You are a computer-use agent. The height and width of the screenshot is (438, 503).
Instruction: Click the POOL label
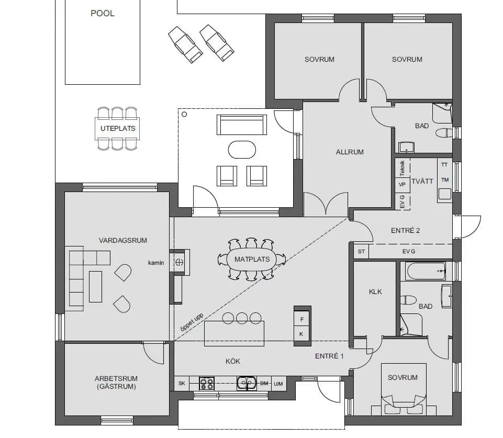pyautogui.click(x=103, y=13)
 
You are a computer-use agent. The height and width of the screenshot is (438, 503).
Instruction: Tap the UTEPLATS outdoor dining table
pyautogui.click(x=118, y=128)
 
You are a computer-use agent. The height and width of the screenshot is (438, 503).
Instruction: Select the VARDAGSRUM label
pyautogui.click(x=123, y=241)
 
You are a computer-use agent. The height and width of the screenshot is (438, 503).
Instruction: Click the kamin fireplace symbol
pyautogui.click(x=179, y=262)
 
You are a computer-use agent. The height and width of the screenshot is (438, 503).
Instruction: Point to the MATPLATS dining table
pyautogui.click(x=252, y=259)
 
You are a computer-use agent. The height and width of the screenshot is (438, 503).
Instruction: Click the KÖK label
pyautogui.click(x=233, y=361)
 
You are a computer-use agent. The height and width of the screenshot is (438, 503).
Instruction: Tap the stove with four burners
pyautogui.click(x=207, y=384)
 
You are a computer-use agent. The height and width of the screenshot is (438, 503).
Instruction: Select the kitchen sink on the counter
pyautogui.click(x=246, y=384)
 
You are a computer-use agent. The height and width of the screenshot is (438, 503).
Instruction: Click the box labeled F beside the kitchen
pyautogui.click(x=301, y=319)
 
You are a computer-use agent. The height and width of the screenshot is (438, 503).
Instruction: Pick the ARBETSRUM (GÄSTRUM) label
pyautogui.click(x=116, y=383)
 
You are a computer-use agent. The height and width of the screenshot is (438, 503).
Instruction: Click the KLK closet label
pyautogui.click(x=375, y=291)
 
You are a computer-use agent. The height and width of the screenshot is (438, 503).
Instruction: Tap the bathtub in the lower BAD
pyautogui.click(x=425, y=271)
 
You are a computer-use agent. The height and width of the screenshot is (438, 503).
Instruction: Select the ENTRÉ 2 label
pyautogui.click(x=406, y=230)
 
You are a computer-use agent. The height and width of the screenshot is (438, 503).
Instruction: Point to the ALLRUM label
pyautogui.click(x=350, y=152)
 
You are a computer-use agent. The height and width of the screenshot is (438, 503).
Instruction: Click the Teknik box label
pyautogui.click(x=402, y=167)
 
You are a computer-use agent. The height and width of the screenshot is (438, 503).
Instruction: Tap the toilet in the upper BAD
pyautogui.click(x=443, y=132)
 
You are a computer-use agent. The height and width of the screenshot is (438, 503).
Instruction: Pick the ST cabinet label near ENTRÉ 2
pyautogui.click(x=361, y=252)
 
